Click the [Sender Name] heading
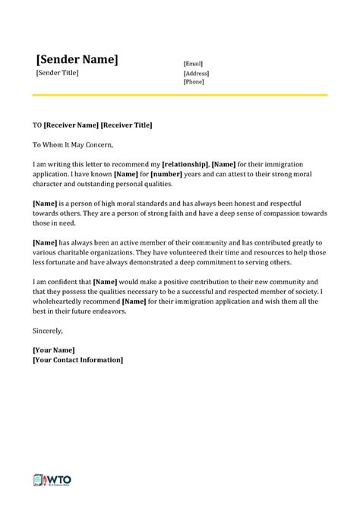77,59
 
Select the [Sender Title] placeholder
57,73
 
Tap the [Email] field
193,64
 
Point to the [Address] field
196,73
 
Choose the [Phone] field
194,81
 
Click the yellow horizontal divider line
179,95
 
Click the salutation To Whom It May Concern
71,144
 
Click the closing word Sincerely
48,330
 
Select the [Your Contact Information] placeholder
77,360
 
